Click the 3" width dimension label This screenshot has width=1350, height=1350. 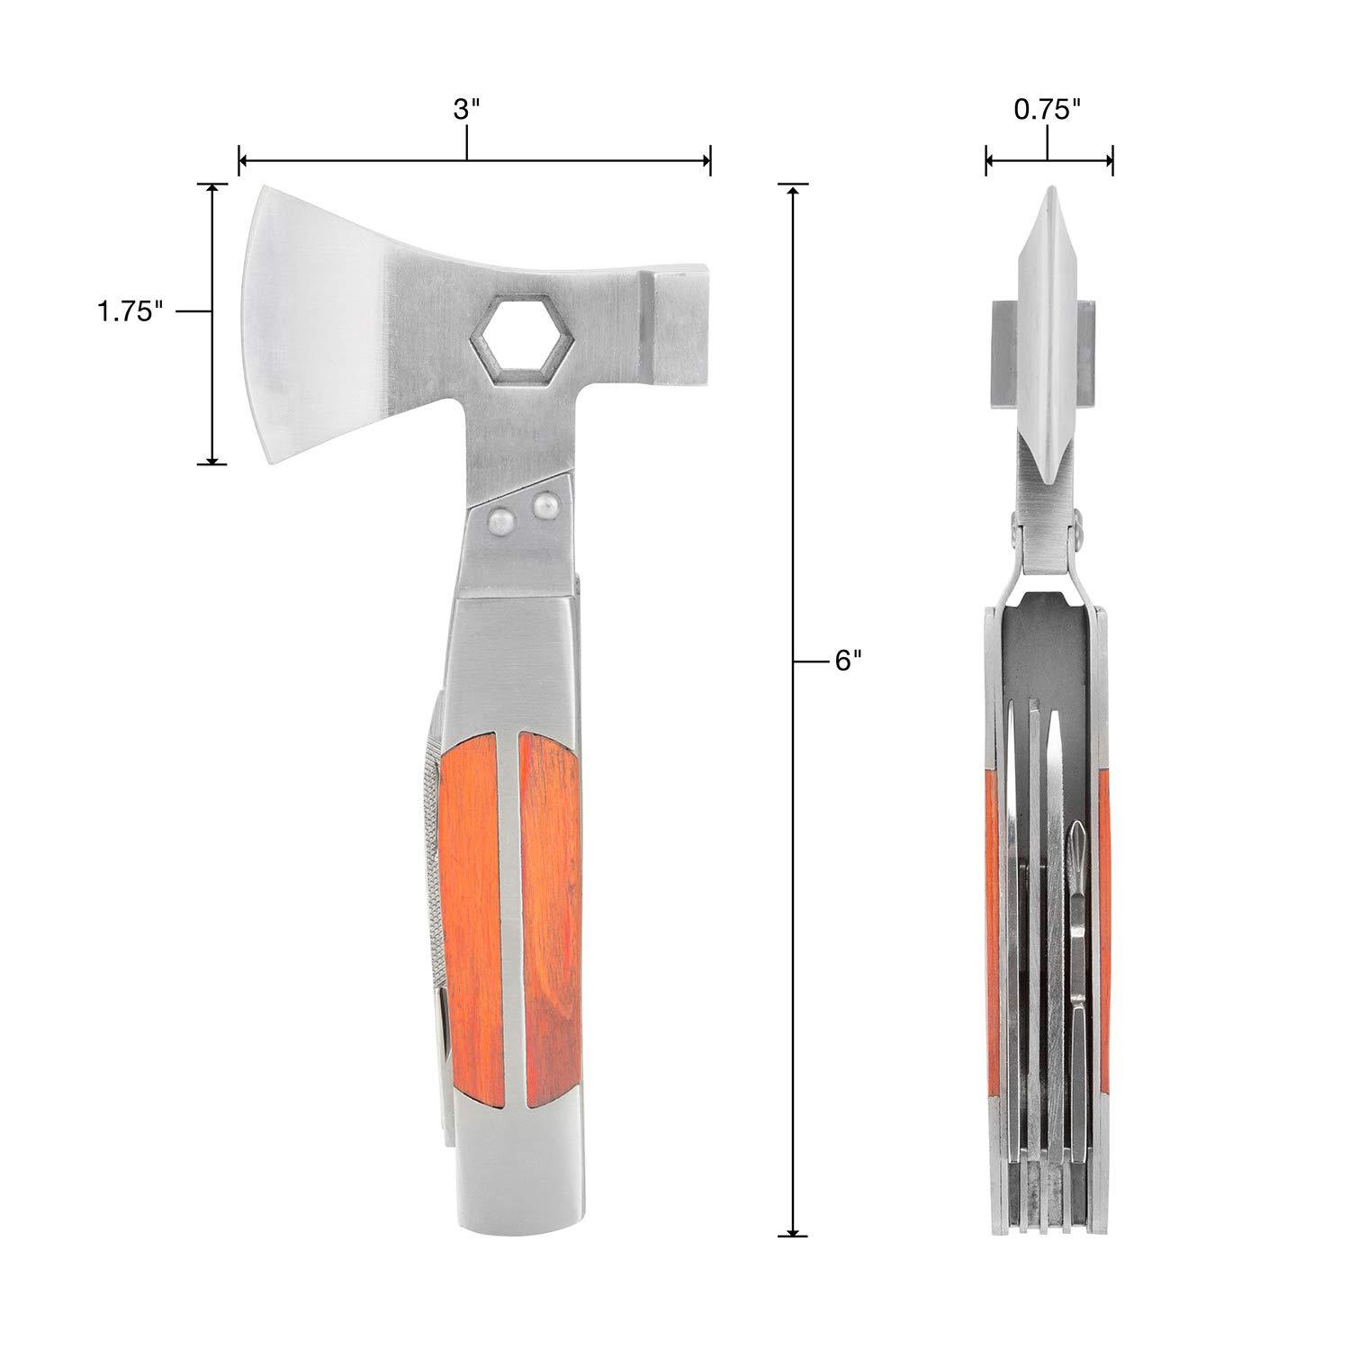tap(466, 111)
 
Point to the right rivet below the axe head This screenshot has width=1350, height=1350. tap(543, 507)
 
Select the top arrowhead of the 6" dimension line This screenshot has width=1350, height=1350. tap(793, 190)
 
